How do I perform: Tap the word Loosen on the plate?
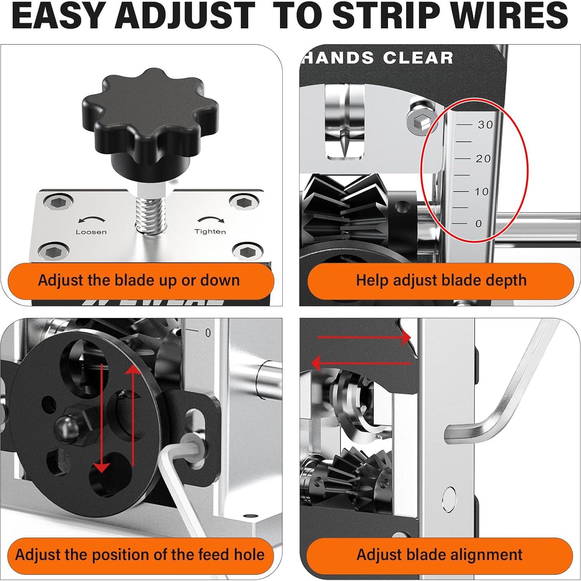[91, 232]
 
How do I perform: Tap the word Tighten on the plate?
[210, 231]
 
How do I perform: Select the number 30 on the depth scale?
[485, 125]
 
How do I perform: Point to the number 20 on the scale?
[483, 158]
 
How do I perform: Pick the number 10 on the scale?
[482, 191]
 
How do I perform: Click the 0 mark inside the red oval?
[478, 224]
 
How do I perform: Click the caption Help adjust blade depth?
[441, 280]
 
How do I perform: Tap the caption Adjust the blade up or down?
[139, 280]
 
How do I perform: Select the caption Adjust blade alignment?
[439, 555]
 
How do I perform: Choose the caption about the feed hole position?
[139, 555]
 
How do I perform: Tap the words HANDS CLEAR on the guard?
[379, 58]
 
